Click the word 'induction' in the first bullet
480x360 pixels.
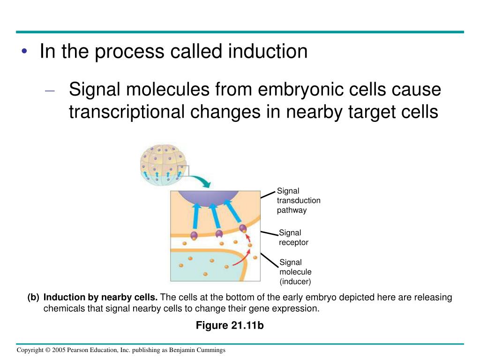[268, 52]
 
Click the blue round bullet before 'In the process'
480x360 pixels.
[24, 51]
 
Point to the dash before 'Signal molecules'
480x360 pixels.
[51, 90]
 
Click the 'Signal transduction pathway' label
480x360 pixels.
[299, 200]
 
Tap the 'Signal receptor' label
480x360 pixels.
[293, 238]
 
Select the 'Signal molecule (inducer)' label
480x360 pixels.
[295, 272]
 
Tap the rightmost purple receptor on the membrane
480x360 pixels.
[243, 229]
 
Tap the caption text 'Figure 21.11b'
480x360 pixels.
[230, 325]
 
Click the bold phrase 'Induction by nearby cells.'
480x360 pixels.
[101, 298]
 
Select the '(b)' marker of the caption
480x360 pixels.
[33, 298]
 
